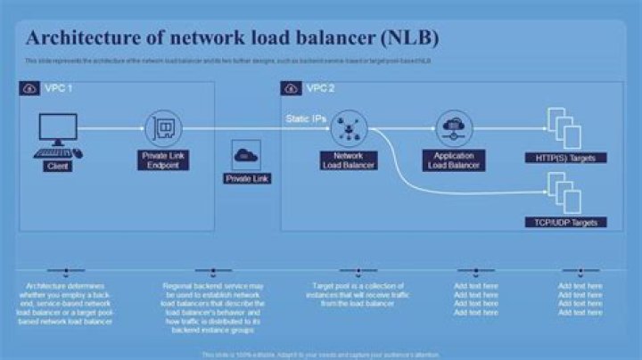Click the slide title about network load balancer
(232, 39)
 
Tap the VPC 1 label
(58, 89)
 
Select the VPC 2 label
(321, 89)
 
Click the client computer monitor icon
(58, 131)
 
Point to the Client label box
(58, 166)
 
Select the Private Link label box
(247, 178)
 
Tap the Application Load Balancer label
(454, 160)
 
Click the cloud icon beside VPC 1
(28, 89)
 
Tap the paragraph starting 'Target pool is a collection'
(354, 295)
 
